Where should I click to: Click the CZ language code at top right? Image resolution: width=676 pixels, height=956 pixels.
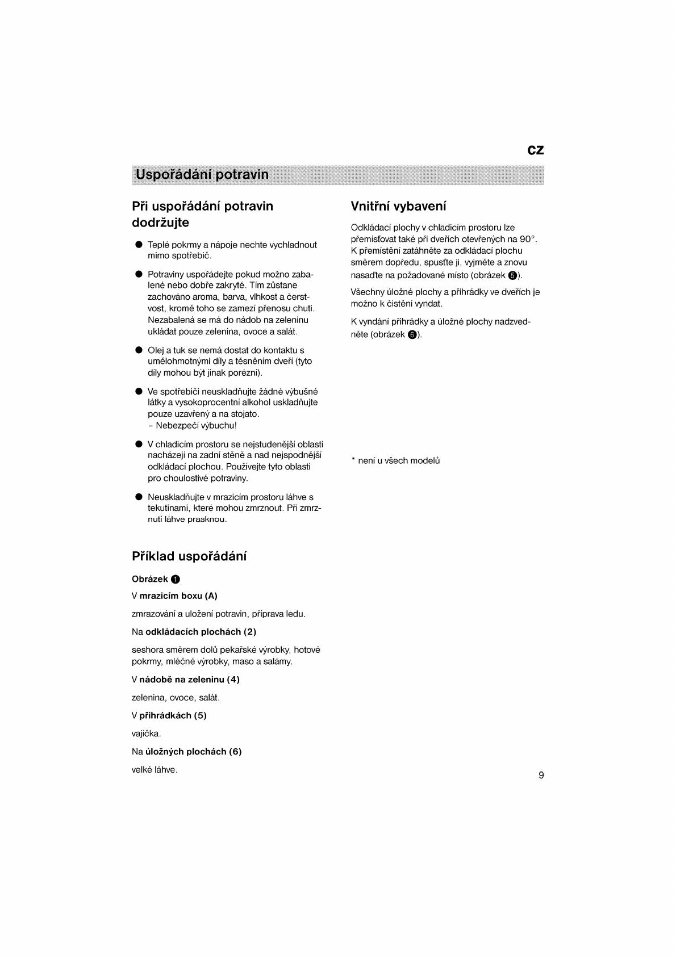(x=535, y=150)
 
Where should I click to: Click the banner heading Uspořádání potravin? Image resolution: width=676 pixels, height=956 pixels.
(x=202, y=174)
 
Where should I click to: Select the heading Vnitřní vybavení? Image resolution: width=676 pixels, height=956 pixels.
(x=398, y=206)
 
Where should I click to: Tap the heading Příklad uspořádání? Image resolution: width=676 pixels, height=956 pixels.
(x=189, y=556)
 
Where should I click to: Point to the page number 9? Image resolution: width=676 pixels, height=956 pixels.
(x=541, y=775)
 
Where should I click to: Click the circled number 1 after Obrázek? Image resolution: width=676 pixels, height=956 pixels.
(x=176, y=580)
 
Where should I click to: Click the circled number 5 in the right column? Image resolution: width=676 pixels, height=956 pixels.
(x=512, y=275)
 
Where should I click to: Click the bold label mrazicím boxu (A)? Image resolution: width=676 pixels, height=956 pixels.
(x=178, y=596)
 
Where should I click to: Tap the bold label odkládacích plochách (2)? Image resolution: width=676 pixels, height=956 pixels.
(x=201, y=632)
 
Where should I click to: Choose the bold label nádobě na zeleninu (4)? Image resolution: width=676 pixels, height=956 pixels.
(x=189, y=680)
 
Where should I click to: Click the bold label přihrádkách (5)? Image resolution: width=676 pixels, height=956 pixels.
(x=173, y=715)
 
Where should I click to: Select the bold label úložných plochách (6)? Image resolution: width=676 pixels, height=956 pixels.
(x=194, y=752)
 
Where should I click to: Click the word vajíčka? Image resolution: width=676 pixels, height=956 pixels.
(x=146, y=733)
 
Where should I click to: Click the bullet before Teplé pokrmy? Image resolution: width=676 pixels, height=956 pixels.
(x=138, y=245)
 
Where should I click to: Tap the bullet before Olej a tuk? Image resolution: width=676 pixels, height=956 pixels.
(x=138, y=350)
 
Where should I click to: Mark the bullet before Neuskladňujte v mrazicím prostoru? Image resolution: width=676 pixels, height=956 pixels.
(x=138, y=497)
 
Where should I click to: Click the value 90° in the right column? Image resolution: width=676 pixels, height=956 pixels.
(x=528, y=239)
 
